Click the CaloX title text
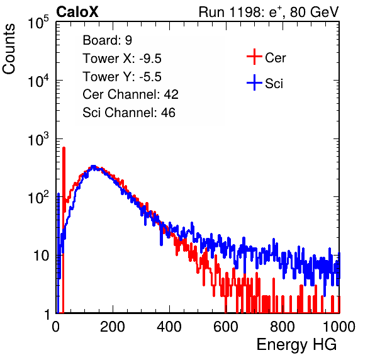click(77, 12)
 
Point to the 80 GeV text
click(314, 12)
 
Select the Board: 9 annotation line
click(107, 40)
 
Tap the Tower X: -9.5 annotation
click(122, 59)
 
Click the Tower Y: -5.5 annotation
click(122, 77)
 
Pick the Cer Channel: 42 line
click(130, 94)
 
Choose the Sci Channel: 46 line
click(129, 113)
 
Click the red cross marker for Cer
click(254, 57)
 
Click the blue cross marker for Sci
click(254, 82)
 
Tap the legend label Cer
click(275, 58)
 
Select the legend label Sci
click(274, 84)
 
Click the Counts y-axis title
click(9, 49)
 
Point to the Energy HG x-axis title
click(296, 344)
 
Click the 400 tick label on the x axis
click(169, 327)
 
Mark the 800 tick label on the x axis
click(283, 327)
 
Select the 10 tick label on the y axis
click(42, 256)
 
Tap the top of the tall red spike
click(64, 148)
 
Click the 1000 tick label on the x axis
click(339, 327)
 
